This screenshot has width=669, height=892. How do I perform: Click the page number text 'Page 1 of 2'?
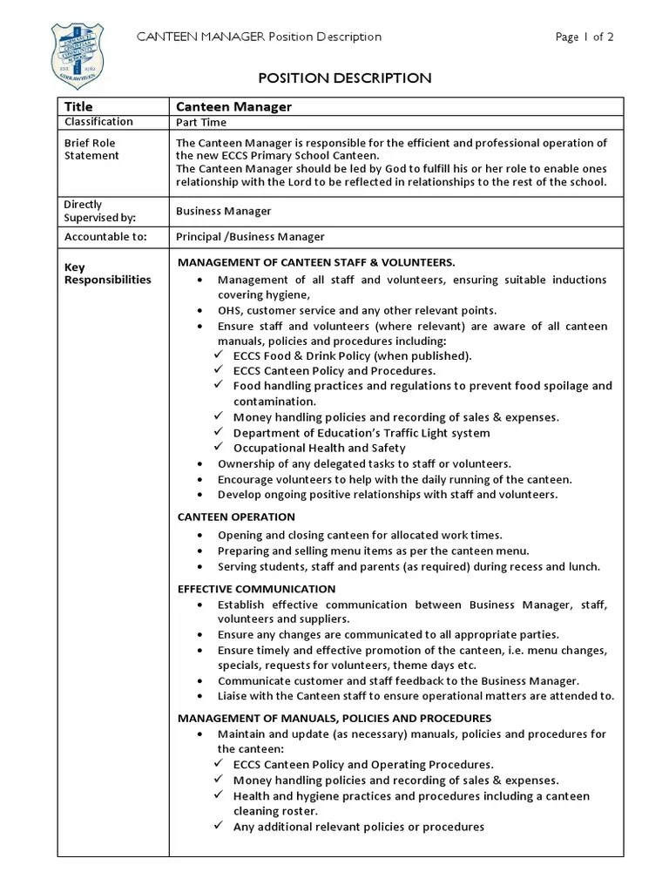(x=585, y=37)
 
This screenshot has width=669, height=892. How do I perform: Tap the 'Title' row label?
(x=78, y=106)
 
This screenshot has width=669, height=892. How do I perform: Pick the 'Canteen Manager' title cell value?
(x=233, y=107)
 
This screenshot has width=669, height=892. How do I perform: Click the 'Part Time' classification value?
(x=201, y=124)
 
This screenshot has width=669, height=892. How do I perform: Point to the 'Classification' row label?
(x=98, y=122)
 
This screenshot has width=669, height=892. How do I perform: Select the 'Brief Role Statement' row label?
(x=91, y=149)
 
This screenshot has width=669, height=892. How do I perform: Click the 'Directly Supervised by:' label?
(x=95, y=211)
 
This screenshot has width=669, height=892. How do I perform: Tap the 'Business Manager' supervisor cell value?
(x=223, y=211)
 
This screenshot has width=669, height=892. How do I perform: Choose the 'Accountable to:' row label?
(x=105, y=236)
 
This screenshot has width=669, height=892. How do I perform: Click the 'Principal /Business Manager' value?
(x=250, y=236)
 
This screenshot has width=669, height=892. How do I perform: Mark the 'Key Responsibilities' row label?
(x=107, y=274)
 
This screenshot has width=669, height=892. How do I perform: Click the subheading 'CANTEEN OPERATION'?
(x=236, y=517)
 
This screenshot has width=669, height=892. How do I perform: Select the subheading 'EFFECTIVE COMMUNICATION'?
(x=256, y=589)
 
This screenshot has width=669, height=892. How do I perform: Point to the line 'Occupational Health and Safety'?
(x=321, y=449)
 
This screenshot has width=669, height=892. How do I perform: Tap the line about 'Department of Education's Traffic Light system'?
(x=362, y=433)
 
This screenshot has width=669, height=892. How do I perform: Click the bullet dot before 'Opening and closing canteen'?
(x=201, y=536)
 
